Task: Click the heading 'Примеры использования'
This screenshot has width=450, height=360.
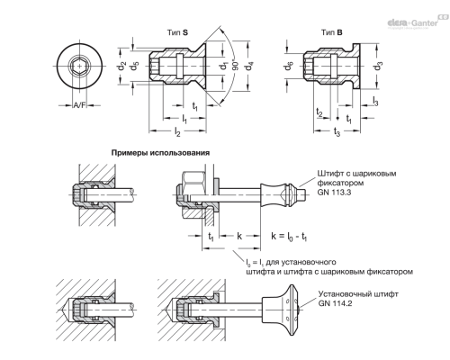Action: pyautogui.click(x=159, y=153)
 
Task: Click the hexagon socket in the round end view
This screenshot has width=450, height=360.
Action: pyautogui.click(x=77, y=66)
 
